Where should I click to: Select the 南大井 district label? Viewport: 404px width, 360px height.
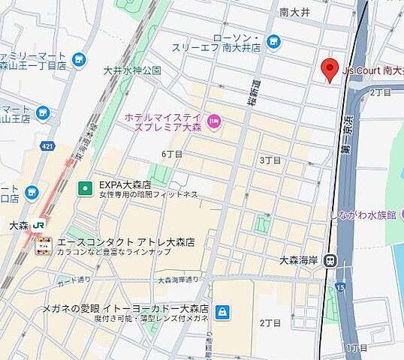click(294, 13)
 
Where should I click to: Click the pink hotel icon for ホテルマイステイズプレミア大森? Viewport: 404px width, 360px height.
click(213, 121)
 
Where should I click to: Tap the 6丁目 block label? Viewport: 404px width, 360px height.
click(172, 154)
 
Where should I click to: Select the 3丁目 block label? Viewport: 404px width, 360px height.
click(270, 160)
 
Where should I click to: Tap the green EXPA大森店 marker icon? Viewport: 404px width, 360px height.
click(86, 187)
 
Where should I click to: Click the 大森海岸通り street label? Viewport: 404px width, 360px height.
click(178, 279)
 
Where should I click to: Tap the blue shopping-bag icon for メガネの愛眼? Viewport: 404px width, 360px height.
click(222, 310)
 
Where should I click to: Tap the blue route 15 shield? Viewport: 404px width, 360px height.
click(341, 286)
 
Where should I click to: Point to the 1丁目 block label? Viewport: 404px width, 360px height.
click(357, 348)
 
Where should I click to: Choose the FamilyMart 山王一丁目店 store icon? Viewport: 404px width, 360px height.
click(79, 59)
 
